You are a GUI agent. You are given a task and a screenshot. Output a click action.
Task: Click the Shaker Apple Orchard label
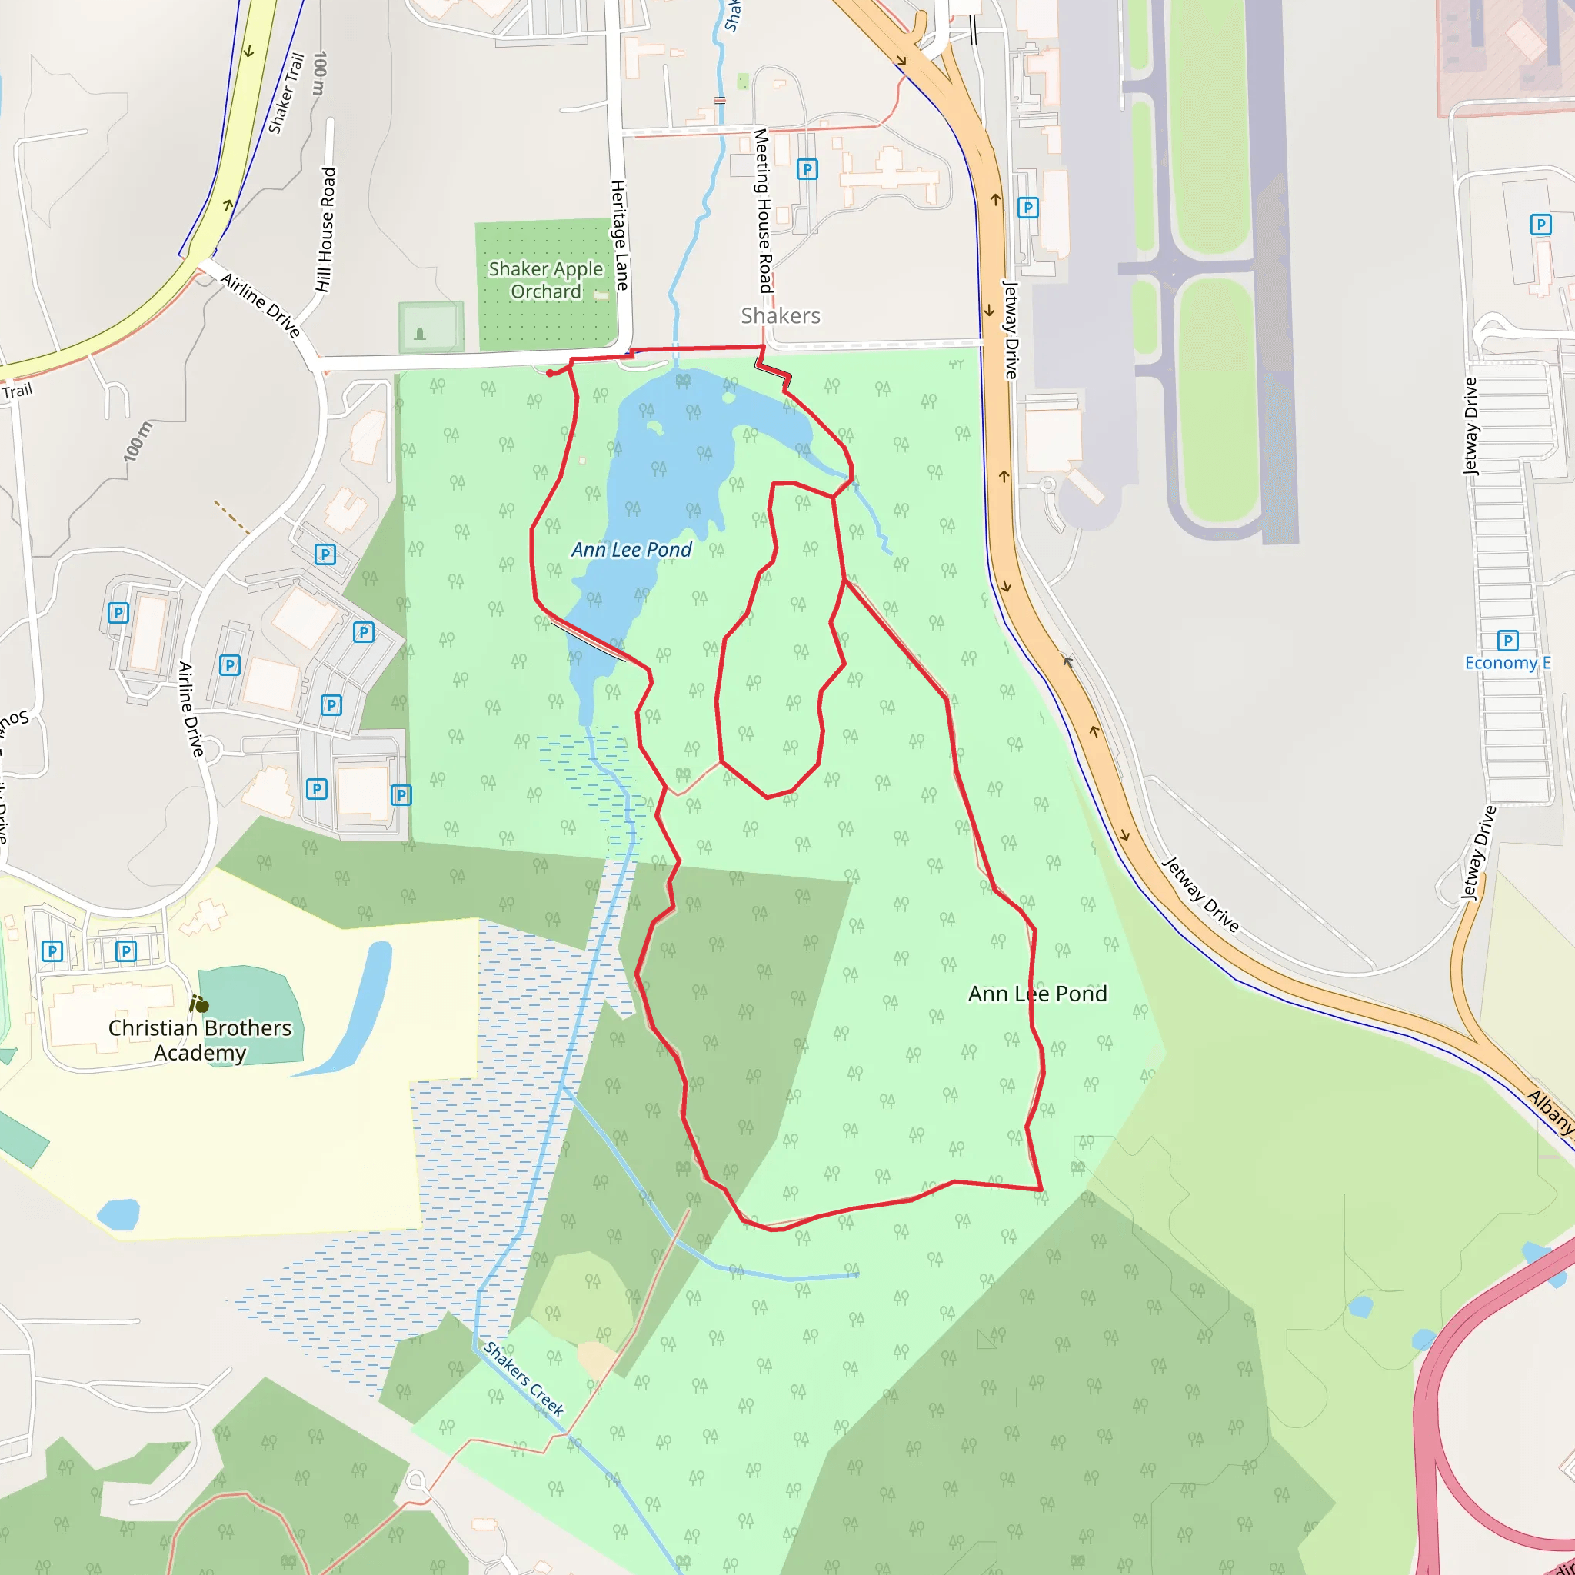click(x=545, y=280)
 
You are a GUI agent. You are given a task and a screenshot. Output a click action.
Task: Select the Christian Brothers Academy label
click(x=200, y=1041)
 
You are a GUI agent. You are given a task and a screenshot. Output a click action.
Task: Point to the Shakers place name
click(x=780, y=315)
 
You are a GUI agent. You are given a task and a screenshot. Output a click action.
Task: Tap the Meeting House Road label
click(x=762, y=210)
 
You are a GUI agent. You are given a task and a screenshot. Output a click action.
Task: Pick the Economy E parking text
click(x=1507, y=663)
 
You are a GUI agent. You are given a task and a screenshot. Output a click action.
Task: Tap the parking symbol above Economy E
click(x=1507, y=641)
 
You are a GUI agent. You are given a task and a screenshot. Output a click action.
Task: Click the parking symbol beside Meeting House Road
click(x=806, y=168)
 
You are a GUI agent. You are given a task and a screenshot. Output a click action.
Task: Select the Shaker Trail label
click(x=286, y=93)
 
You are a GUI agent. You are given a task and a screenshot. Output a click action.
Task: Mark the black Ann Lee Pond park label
click(x=1037, y=994)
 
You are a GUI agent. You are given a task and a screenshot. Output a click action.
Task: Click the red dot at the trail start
click(x=551, y=373)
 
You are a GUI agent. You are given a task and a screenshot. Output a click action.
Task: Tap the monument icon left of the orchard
click(x=420, y=334)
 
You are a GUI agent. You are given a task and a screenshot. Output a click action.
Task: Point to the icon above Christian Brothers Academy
click(x=199, y=1004)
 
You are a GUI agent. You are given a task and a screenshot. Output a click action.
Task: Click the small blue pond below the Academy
click(x=119, y=1214)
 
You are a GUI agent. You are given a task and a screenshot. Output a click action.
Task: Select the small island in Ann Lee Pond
click(x=654, y=426)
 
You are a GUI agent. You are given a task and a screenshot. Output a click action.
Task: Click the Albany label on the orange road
click(x=1550, y=1112)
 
